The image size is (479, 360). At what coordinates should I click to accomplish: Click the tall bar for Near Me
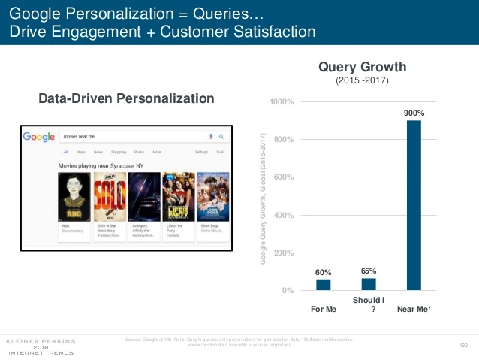414,205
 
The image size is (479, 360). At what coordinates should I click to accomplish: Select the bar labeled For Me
323,285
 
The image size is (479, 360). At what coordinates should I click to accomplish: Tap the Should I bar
369,284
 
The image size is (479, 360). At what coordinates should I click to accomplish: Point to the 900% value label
414,113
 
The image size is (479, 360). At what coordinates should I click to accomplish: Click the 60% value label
323,272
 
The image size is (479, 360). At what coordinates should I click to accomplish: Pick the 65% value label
369,271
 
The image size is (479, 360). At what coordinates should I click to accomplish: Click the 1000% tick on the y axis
282,101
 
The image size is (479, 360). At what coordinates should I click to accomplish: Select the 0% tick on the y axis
288,291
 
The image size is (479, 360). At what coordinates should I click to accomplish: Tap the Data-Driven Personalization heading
126,98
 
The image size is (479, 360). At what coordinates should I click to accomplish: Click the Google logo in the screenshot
38,137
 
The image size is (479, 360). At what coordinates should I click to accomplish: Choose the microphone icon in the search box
210,137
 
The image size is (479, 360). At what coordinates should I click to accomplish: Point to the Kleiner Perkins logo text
41,340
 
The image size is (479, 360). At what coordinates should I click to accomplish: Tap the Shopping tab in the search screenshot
119,152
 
